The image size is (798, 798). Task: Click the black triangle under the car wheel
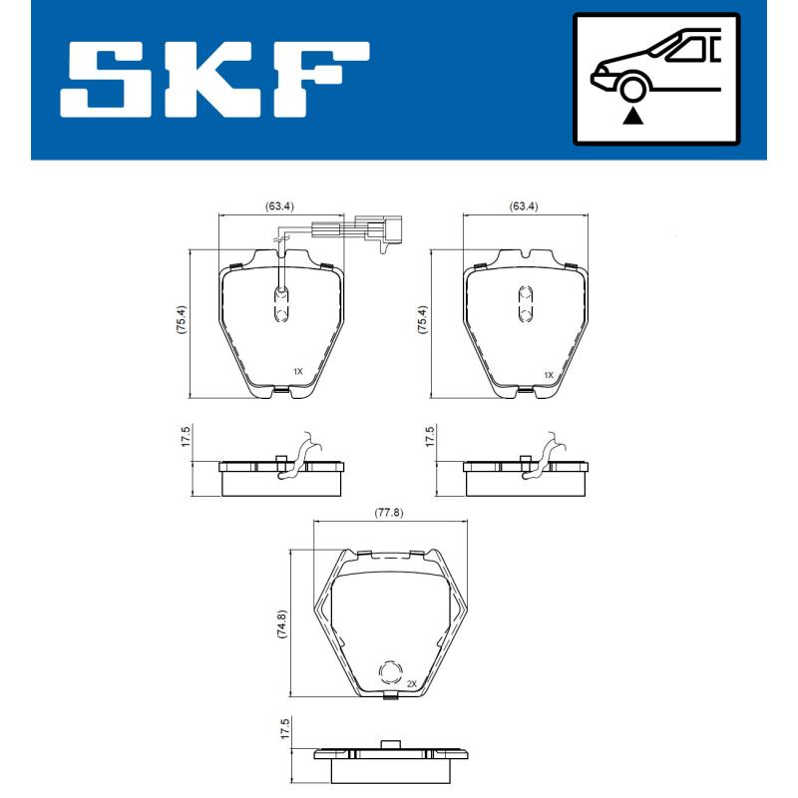pos(630,118)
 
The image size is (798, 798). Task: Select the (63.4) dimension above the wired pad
pos(279,206)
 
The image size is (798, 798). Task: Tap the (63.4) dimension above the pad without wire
pos(524,206)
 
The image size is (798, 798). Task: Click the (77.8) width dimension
pos(388,513)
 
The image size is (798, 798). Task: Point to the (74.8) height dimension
pos(281,623)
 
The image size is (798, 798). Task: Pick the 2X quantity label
pos(412,683)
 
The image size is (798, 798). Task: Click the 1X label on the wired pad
pos(297,371)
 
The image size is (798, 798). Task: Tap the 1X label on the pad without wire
pos(548,374)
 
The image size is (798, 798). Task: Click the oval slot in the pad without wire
pos(525,303)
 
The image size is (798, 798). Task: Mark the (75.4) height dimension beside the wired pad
pos(181,323)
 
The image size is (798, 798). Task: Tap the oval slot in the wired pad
pos(281,303)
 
